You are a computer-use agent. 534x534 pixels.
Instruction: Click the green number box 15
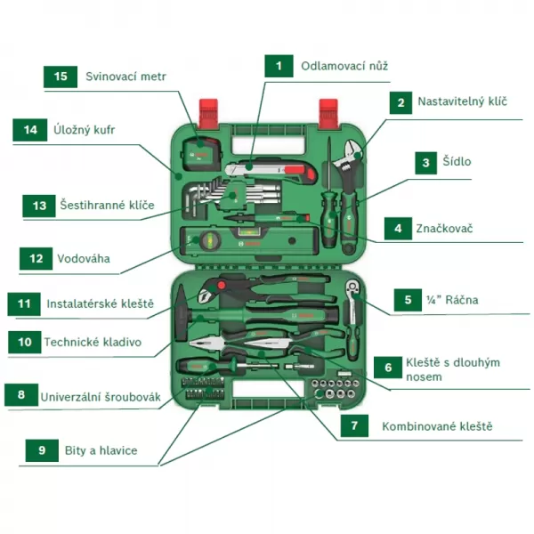61,77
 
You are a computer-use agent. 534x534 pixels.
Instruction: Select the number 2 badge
401,102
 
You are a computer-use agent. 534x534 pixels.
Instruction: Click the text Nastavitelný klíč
462,102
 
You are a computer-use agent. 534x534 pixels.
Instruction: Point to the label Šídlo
457,162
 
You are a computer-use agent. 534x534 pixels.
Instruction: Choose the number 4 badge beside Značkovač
396,229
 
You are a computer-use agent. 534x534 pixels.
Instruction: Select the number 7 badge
354,426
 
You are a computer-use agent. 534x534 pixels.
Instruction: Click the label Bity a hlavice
101,450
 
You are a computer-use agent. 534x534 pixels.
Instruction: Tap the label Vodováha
83,258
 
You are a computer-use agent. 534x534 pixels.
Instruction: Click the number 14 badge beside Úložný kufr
30,130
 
